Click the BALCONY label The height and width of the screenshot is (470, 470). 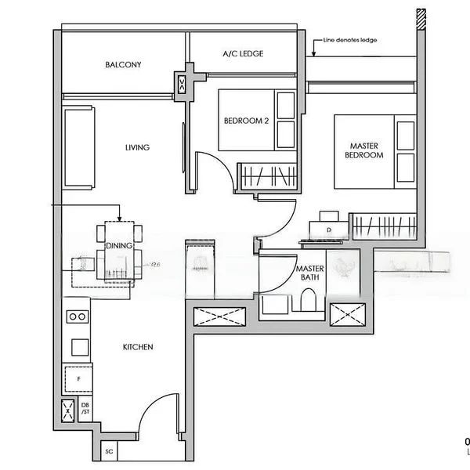click(x=123, y=65)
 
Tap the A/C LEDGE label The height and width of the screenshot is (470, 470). click(x=243, y=53)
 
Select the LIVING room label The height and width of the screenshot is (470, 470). click(x=137, y=147)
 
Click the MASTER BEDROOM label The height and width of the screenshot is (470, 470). click(x=364, y=150)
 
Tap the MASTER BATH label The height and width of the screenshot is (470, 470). click(x=309, y=273)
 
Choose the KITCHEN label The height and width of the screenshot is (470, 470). click(x=137, y=347)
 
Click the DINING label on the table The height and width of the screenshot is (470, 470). click(x=119, y=246)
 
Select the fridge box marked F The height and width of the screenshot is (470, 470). click(x=78, y=378)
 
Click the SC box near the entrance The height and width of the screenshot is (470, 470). click(x=109, y=452)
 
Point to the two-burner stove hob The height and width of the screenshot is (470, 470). click(x=78, y=317)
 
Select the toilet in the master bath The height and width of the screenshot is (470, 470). click(x=308, y=302)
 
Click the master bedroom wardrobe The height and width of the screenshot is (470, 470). click(x=382, y=226)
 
